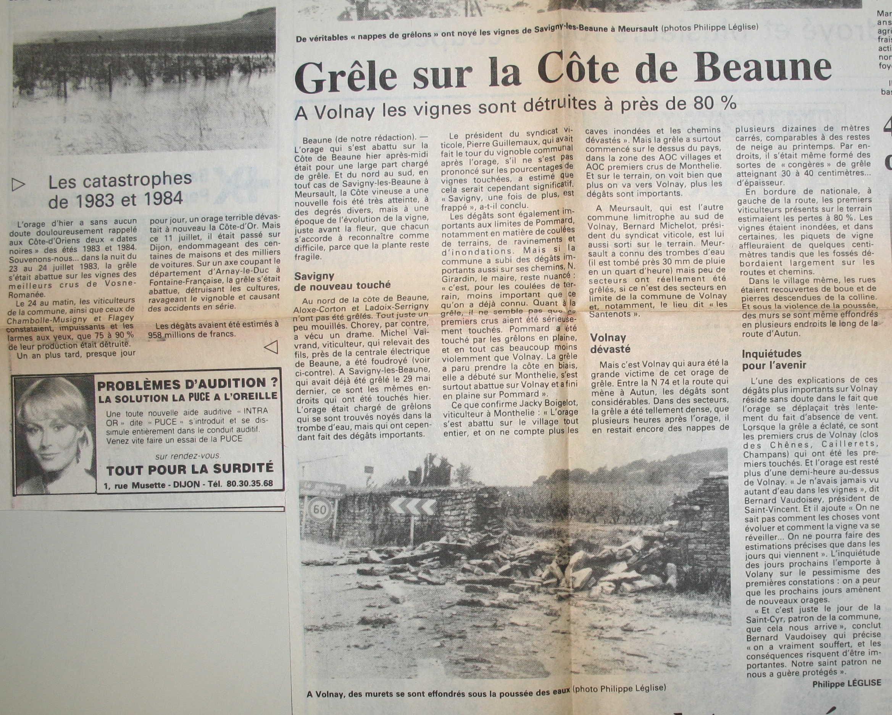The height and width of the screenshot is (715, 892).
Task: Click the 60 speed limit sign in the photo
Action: [x=319, y=509]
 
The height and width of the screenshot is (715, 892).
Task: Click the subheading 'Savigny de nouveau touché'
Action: [x=342, y=281]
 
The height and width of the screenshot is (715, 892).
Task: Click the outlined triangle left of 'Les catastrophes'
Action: [x=19, y=184]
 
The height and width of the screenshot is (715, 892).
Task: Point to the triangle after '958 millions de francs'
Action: [x=271, y=347]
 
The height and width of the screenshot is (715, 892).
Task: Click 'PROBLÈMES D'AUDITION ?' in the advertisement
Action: [x=187, y=384]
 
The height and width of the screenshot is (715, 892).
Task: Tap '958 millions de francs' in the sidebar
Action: [x=192, y=334]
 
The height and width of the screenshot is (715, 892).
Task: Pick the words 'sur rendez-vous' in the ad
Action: [x=188, y=456]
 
